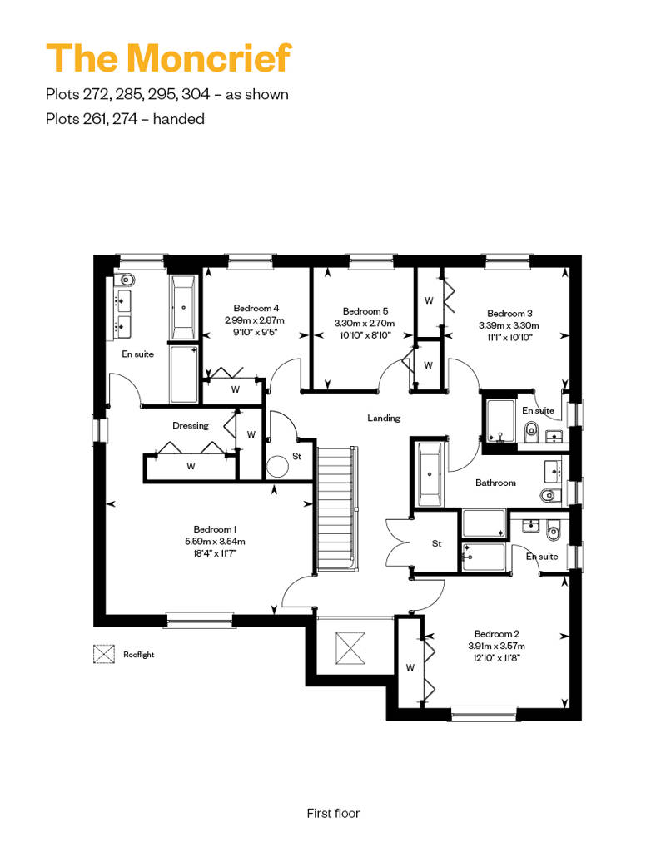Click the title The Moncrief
coord(168,57)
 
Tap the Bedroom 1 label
coord(215,529)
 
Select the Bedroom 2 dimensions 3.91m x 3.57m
coord(497,646)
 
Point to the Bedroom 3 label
coord(509,314)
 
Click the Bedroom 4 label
coord(256,308)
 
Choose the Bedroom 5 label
coord(365,311)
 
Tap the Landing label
coord(384,419)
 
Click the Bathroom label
coord(495,483)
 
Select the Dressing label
coord(191,425)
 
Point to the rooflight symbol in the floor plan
coord(350,648)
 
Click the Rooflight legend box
coord(104,654)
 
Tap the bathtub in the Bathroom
coord(430,474)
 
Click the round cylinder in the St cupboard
coord(277,467)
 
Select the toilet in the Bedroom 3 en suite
coord(532,429)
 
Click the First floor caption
coord(333,813)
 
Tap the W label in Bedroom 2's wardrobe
coord(410,668)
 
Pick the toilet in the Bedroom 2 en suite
coord(554,533)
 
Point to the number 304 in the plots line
coord(196,94)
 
